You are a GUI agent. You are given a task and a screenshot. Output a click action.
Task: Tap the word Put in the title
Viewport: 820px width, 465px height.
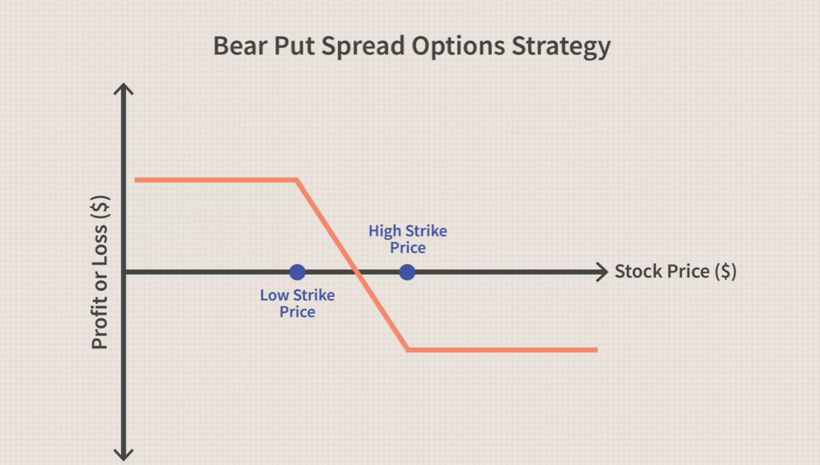click(294, 46)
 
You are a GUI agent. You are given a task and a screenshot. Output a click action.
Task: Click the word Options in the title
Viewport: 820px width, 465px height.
click(459, 47)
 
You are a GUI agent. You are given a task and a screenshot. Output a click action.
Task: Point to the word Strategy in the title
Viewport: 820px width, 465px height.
click(561, 47)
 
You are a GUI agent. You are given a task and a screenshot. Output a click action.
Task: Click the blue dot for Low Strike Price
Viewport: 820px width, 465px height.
click(297, 272)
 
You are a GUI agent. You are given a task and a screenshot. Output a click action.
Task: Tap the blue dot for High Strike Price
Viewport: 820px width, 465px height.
click(407, 272)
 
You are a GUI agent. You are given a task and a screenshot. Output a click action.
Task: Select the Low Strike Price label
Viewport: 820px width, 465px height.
click(297, 303)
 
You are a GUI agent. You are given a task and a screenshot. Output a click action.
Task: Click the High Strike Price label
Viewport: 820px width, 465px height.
click(408, 239)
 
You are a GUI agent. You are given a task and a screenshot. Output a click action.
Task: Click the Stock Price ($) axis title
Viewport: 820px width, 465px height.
click(676, 271)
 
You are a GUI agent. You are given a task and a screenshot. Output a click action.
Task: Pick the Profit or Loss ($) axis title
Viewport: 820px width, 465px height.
click(100, 272)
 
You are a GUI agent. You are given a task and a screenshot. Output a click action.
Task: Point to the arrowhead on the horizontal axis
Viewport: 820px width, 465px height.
click(603, 272)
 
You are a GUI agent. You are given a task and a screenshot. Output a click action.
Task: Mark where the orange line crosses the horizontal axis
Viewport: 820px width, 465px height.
click(356, 272)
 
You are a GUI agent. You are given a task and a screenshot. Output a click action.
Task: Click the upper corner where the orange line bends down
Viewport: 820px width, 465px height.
click(297, 179)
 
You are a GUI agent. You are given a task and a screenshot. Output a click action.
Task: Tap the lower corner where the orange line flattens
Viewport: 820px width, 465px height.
click(408, 350)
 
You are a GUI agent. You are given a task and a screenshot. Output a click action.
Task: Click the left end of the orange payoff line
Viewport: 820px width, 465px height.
click(135, 179)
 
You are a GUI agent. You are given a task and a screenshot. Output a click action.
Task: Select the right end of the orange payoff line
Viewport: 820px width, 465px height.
click(597, 350)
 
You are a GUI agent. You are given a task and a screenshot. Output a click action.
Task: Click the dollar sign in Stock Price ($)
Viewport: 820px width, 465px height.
click(725, 271)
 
